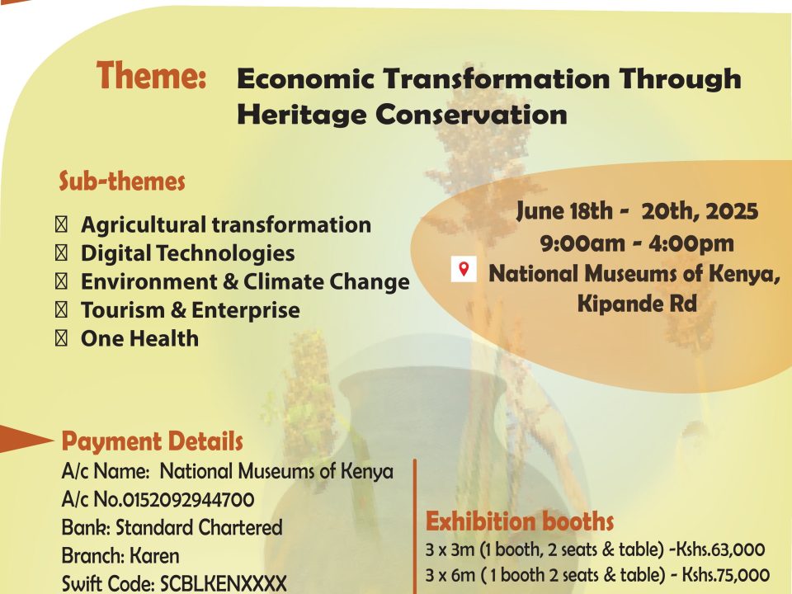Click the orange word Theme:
pyautogui.click(x=151, y=75)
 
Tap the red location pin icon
pyautogui.click(x=464, y=269)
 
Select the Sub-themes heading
pyautogui.click(x=122, y=181)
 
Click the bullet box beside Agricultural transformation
pyautogui.click(x=61, y=224)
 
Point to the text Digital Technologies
pyautogui.click(x=188, y=253)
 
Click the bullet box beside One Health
pyautogui.click(x=61, y=338)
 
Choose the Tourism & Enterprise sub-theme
pyautogui.click(x=191, y=310)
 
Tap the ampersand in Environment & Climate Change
pyautogui.click(x=230, y=282)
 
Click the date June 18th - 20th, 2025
pyautogui.click(x=637, y=211)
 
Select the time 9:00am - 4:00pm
pyautogui.click(x=637, y=243)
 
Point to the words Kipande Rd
pyautogui.click(x=637, y=304)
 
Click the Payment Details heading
pyautogui.click(x=152, y=441)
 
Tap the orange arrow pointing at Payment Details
pyautogui.click(x=26, y=439)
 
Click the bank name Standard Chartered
pyautogui.click(x=199, y=528)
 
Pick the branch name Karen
pyautogui.click(x=154, y=556)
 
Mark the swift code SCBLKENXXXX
pyautogui.click(x=224, y=584)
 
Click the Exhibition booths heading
pyautogui.click(x=520, y=521)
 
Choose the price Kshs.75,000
pyautogui.click(x=726, y=575)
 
